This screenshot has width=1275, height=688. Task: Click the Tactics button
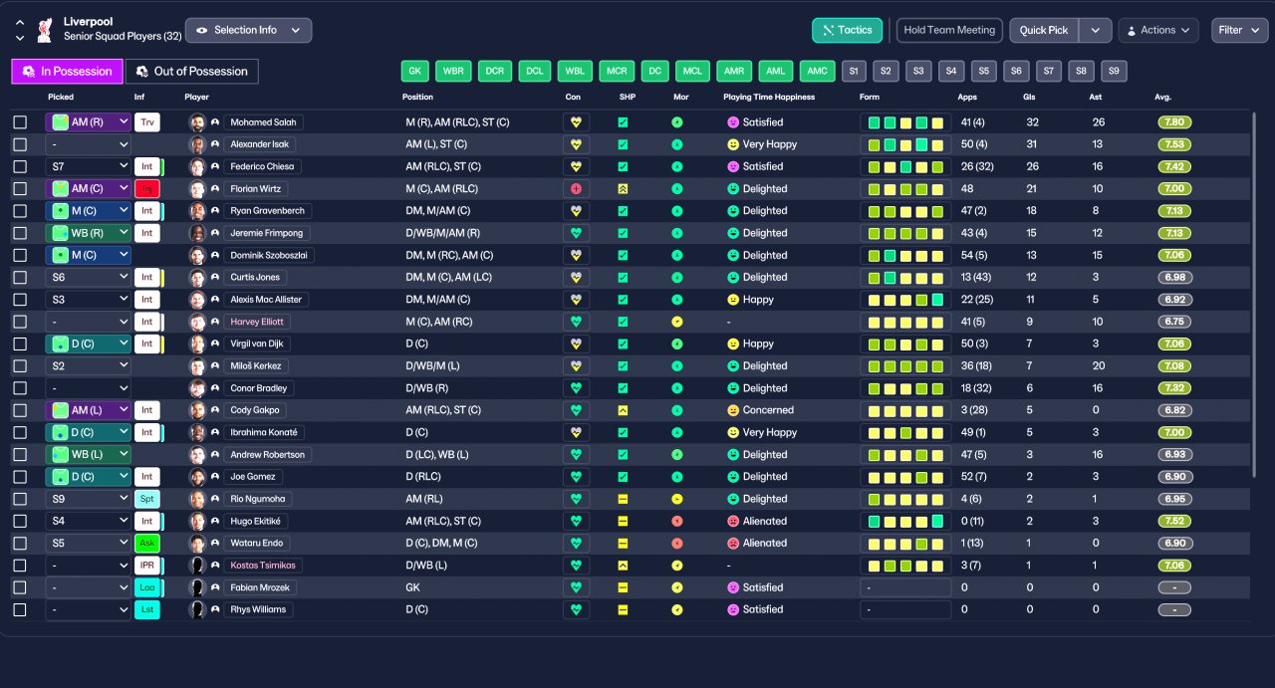point(847,30)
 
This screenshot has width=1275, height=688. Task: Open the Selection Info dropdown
point(248,30)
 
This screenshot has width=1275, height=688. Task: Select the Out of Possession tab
point(192,71)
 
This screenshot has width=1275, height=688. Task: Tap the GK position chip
point(414,71)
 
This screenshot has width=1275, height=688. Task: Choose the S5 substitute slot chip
point(983,71)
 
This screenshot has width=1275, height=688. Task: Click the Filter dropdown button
point(1239,30)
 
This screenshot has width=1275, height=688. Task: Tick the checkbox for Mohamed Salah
point(20,122)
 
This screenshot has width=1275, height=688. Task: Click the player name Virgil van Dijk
point(257,344)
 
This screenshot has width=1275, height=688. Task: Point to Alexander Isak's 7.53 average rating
point(1174,144)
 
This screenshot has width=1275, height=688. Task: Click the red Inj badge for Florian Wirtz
point(146,189)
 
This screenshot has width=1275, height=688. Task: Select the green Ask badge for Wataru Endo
point(146,543)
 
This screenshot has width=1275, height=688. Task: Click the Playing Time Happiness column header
point(768,97)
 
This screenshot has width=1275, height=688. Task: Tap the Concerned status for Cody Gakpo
point(768,410)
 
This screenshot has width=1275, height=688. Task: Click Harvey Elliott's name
point(257,322)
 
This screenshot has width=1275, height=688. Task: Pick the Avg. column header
point(1162,97)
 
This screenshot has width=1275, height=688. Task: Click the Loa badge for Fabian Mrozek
point(146,587)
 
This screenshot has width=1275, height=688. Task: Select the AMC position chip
point(817,71)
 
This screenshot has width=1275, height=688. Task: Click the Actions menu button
point(1158,30)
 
